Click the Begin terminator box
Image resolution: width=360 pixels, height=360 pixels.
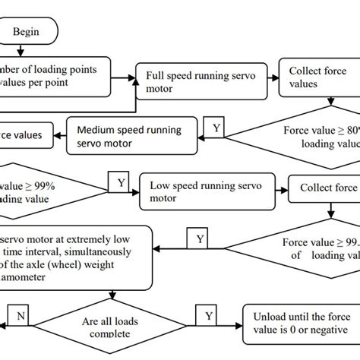(32, 33)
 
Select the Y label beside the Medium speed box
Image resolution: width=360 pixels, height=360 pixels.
(216, 128)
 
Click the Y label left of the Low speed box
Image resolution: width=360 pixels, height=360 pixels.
(120, 182)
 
